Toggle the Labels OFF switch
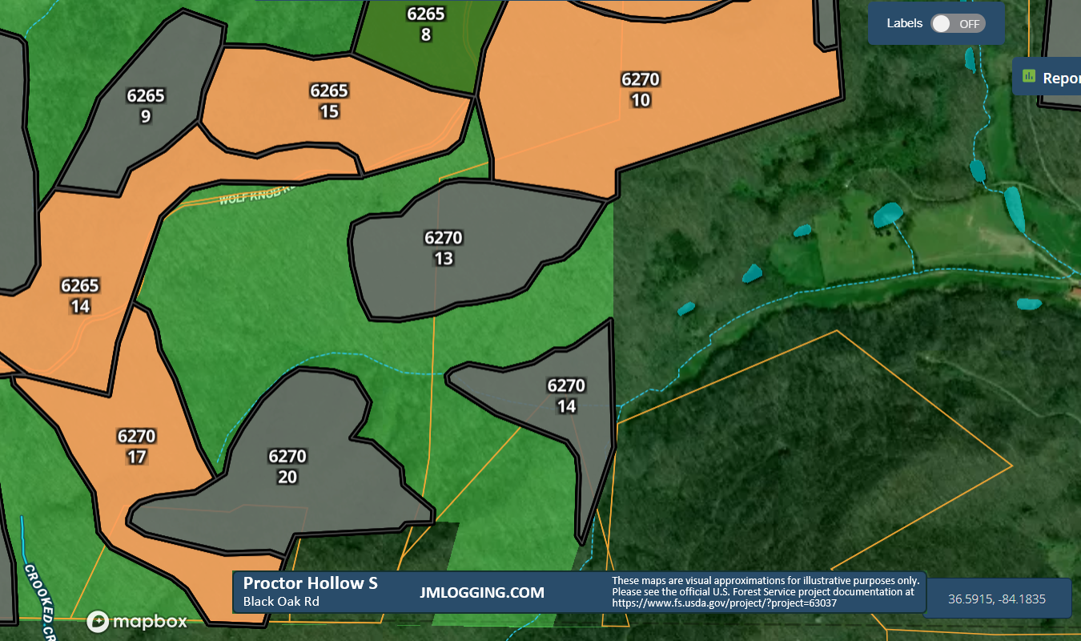[958, 23]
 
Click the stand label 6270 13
[444, 248]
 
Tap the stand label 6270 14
[566, 396]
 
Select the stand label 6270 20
[287, 466]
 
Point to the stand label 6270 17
[136, 446]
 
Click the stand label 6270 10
[641, 90]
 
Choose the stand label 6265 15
[329, 101]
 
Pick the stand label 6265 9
[146, 106]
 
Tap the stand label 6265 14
[80, 296]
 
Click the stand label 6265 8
[426, 24]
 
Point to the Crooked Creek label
[38, 601]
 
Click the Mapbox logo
[138, 621]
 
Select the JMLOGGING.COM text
[482, 593]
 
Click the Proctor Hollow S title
[310, 583]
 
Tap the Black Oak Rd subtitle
[281, 602]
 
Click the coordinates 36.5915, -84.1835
[997, 599]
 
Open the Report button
[1049, 78]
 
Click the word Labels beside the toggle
[905, 23]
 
